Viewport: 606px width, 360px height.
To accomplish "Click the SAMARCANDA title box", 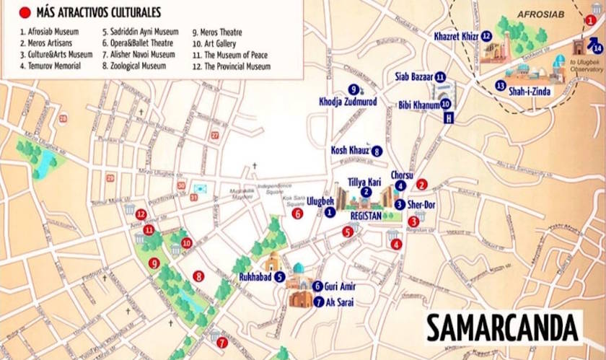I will pos(503,327).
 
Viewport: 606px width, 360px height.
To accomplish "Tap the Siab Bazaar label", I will pos(414,76).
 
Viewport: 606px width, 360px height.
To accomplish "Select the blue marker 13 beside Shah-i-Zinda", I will pos(500,86).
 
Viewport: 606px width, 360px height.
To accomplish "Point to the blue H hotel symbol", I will pos(449,118).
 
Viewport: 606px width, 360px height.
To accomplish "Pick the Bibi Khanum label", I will pos(419,105).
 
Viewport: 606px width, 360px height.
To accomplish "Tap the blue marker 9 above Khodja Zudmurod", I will pos(353,89).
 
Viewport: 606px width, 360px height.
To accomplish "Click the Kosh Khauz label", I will pos(350,150).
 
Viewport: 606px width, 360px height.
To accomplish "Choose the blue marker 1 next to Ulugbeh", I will pos(330,212).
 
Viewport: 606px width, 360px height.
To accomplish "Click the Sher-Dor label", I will pos(421,205).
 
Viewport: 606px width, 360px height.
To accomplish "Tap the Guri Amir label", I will pos(341,286).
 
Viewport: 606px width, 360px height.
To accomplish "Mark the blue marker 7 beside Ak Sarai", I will pos(318,302).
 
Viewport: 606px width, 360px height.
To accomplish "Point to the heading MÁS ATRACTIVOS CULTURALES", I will pos(99,12).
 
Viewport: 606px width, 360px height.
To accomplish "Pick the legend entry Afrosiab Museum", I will pos(50,32).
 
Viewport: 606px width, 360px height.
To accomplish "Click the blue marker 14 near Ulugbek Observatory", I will pos(597,48).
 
